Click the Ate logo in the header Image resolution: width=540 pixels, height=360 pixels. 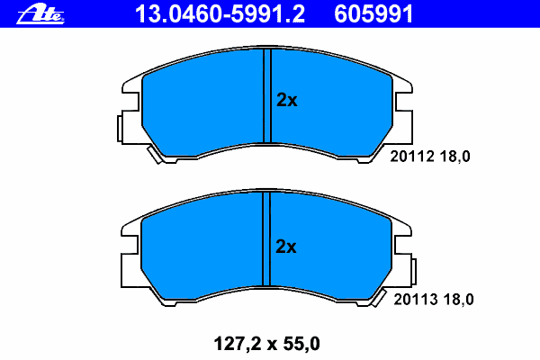point(40,14)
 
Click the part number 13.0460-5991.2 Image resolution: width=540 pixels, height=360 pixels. point(220,14)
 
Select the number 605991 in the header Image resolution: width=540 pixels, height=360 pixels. point(373,14)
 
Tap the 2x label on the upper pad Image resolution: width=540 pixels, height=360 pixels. point(286,100)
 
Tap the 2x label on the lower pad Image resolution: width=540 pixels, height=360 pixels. point(286,247)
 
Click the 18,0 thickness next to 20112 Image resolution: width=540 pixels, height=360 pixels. point(454,157)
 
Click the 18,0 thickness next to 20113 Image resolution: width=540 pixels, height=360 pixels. point(458,300)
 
